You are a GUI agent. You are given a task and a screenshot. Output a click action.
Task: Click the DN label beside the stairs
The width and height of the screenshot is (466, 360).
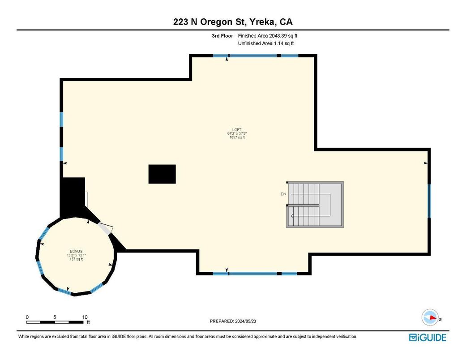click(283, 194)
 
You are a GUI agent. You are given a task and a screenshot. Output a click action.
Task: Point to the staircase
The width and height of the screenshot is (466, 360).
click(315, 205)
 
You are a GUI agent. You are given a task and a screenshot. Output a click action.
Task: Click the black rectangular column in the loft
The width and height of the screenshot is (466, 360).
click(162, 174)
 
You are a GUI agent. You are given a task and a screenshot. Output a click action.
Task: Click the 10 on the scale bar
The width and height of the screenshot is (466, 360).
click(85, 317)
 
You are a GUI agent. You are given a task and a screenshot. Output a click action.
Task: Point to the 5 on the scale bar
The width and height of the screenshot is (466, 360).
click(55, 317)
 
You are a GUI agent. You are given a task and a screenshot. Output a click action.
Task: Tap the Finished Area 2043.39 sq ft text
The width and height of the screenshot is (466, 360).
click(267, 36)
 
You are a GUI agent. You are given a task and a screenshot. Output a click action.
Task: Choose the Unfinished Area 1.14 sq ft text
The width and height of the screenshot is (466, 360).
click(266, 43)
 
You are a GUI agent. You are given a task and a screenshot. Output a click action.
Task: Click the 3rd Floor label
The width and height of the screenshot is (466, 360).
click(222, 36)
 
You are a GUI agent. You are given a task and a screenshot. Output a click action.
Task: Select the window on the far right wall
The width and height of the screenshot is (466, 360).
click(429, 201)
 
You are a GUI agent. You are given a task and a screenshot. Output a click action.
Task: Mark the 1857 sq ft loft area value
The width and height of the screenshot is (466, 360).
click(237, 137)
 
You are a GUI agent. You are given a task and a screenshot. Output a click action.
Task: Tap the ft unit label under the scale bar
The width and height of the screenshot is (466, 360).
click(88, 322)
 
